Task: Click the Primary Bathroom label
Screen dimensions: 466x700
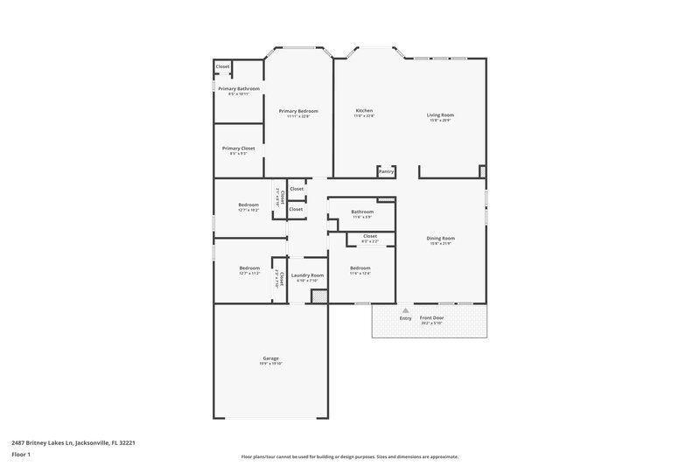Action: pos(238,89)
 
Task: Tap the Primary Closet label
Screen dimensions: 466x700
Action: pos(238,149)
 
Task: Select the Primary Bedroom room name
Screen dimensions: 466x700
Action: pos(298,111)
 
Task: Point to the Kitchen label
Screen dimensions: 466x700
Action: pos(364,111)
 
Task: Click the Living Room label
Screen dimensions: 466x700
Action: pos(440,115)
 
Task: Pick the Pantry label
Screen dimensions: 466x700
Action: pos(386,172)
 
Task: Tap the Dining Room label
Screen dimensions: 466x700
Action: pos(440,238)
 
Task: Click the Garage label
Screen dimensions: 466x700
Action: pos(270,358)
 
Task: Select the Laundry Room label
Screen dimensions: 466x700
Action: pos(307,275)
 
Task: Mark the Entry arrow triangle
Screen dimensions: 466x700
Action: pos(405,310)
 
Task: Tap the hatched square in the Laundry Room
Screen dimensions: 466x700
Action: pos(319,296)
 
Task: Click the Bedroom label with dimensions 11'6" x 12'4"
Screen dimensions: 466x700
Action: pos(360,268)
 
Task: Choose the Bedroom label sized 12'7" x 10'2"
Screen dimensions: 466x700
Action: pos(248,205)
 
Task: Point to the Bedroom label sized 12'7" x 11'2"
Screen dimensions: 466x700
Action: pos(249,268)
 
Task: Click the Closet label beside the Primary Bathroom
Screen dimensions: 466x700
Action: pos(222,66)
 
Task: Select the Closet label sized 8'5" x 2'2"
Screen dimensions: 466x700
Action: pos(369,236)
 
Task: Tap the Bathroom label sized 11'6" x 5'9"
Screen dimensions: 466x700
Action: pos(362,212)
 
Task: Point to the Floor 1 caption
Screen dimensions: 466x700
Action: pos(20,456)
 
